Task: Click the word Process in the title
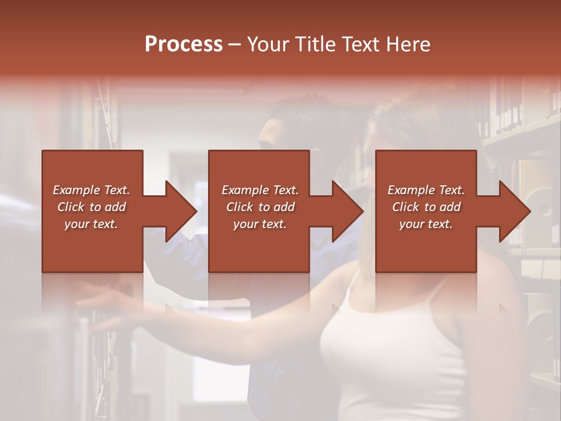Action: (183, 44)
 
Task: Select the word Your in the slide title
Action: (269, 44)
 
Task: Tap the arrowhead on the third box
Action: (513, 211)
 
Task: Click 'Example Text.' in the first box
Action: (91, 190)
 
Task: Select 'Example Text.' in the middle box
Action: (259, 190)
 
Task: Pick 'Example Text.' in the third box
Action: (426, 190)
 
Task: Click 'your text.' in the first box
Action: (91, 224)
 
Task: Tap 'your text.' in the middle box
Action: (259, 224)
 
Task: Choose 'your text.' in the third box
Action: (426, 224)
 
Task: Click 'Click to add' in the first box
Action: (91, 207)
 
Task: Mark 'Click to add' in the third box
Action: (426, 207)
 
